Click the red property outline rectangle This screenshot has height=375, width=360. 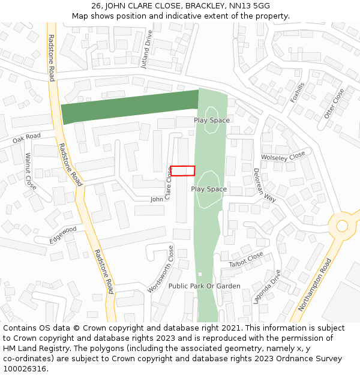pos(183,171)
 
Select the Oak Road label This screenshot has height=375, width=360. pos(26,138)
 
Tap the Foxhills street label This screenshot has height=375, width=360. pos(298,92)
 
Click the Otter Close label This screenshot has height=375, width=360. pos(334,103)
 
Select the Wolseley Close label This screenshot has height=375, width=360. pos(283,156)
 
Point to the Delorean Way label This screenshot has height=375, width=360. pos(265,184)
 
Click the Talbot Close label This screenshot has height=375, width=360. pos(247,259)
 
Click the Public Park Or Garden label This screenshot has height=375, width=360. pos(205,286)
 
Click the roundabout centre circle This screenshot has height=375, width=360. pos(342,226)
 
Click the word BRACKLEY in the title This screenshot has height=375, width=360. pos(208,6)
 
